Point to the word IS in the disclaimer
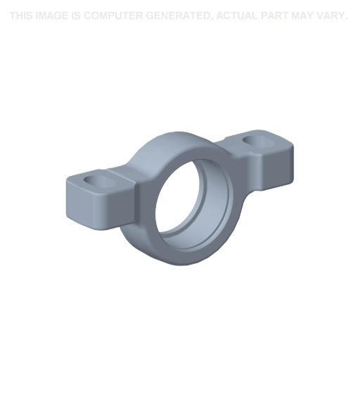[x=76, y=15]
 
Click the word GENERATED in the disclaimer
[x=179, y=15]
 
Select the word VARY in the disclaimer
[x=334, y=15]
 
